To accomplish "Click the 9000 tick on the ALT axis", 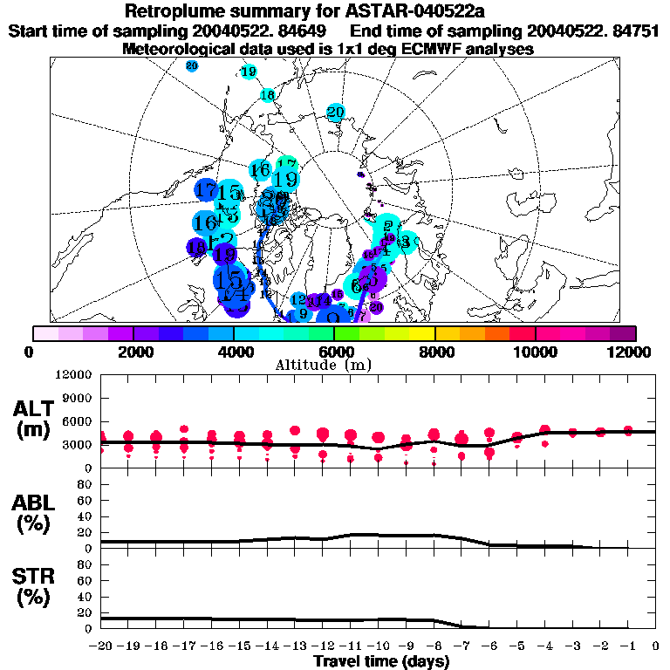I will tap(79, 398).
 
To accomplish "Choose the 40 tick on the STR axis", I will tap(85, 596).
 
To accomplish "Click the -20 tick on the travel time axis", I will tap(101, 645).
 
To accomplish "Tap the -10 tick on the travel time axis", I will tap(378, 645).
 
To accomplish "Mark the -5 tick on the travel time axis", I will tap(516, 645).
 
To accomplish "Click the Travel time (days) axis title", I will tap(381, 661).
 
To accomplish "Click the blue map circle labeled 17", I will tap(207, 188).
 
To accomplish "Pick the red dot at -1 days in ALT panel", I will tap(628, 431).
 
